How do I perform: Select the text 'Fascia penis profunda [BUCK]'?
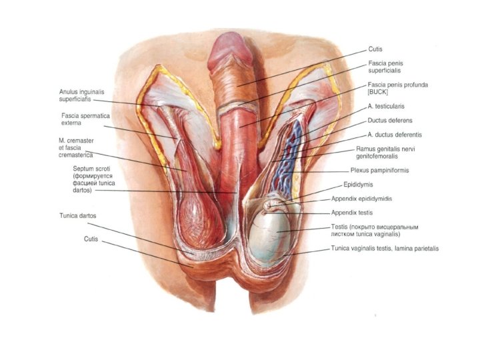coord(399,88)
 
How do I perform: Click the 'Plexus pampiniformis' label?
coord(379,170)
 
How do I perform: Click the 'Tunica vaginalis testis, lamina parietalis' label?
coord(385,249)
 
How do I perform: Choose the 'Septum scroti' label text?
coord(92,169)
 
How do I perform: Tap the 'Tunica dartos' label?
coord(79,217)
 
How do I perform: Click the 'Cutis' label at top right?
coord(375,49)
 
